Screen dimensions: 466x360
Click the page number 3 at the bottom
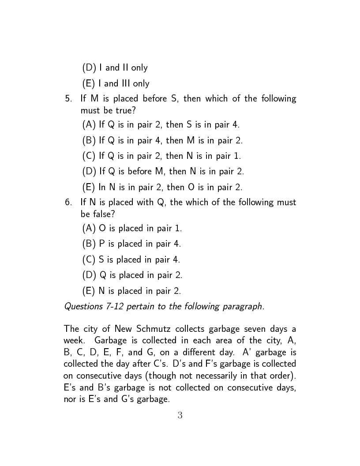180,415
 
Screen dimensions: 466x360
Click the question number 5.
68,99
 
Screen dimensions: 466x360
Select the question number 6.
68,203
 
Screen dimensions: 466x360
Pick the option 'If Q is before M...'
163,171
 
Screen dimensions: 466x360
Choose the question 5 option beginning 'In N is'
162,187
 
